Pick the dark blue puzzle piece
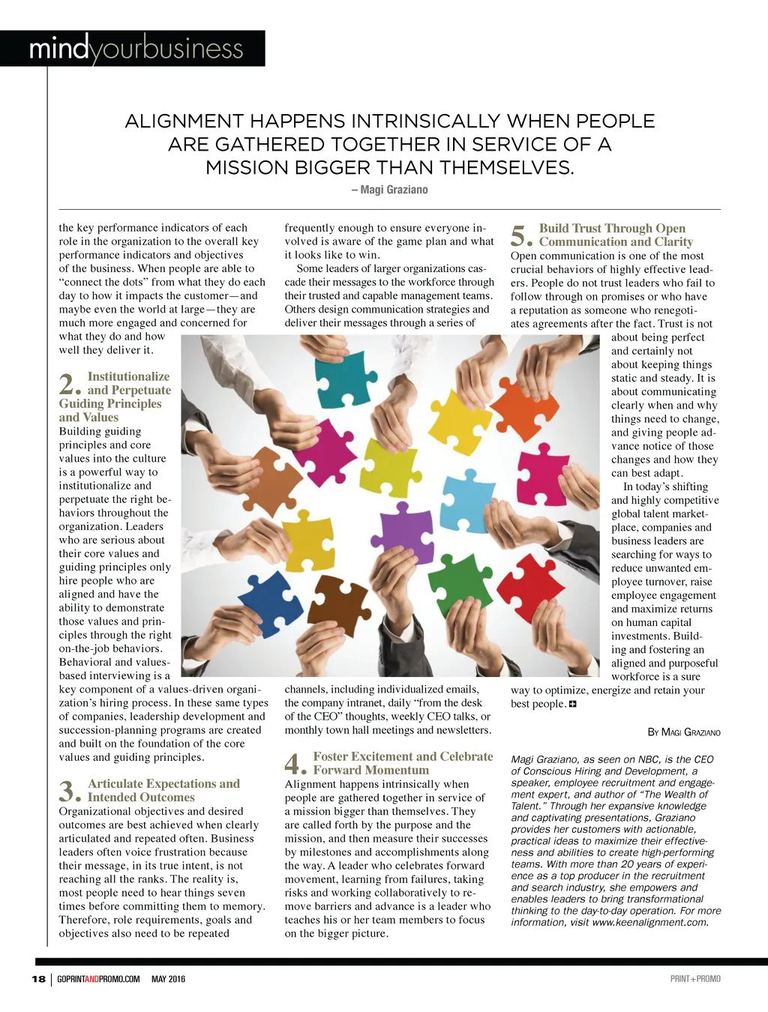[271, 603]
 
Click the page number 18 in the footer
[38, 979]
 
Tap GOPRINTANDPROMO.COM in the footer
[98, 979]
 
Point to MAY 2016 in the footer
[168, 979]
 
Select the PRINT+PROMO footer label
[695, 979]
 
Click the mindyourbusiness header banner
[136, 49]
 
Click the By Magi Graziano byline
[683, 732]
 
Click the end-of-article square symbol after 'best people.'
[573, 704]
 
